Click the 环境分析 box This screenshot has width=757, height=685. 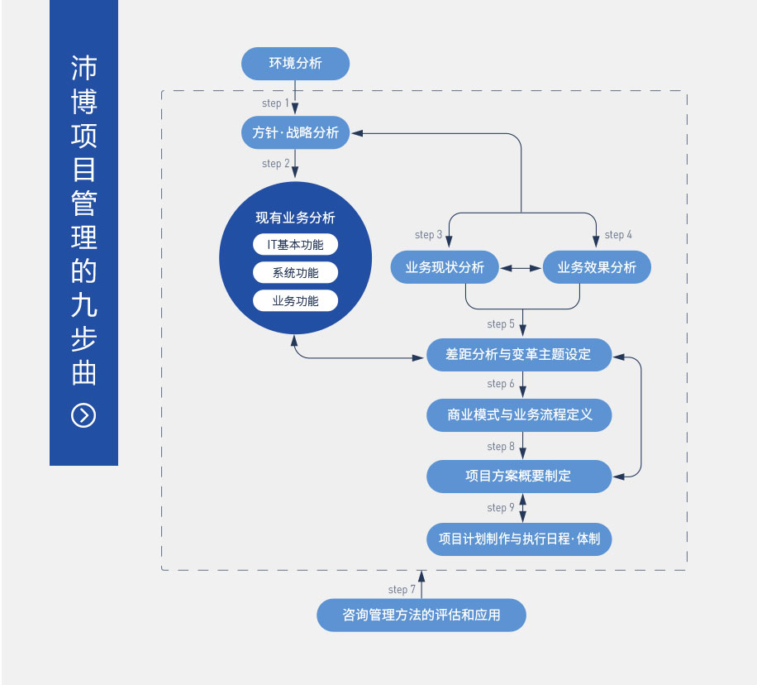click(x=295, y=64)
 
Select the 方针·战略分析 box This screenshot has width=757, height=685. click(x=295, y=132)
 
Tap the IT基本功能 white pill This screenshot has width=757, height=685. click(x=295, y=245)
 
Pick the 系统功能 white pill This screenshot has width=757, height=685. click(x=295, y=273)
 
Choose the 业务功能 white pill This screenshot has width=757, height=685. click(x=295, y=301)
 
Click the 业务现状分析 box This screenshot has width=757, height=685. click(x=445, y=268)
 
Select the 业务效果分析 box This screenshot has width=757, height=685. click(x=597, y=268)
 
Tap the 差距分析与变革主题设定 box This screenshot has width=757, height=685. click(x=519, y=355)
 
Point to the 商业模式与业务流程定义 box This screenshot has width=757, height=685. click(x=519, y=415)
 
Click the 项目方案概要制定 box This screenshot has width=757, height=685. click(x=519, y=476)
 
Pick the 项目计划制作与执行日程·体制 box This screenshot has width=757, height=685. click(x=519, y=539)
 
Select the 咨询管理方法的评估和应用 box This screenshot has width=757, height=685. click(x=421, y=616)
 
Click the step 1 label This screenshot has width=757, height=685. click(x=275, y=103)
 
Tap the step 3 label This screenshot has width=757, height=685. click(x=428, y=235)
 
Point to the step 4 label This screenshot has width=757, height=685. click(x=618, y=235)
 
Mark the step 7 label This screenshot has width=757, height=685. click(x=402, y=590)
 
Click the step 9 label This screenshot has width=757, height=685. click(x=501, y=508)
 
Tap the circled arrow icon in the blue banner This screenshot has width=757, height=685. click(x=83, y=415)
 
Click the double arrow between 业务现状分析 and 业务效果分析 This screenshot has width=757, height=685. click(x=521, y=268)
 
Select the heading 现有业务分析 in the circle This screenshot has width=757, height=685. click(x=295, y=218)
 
